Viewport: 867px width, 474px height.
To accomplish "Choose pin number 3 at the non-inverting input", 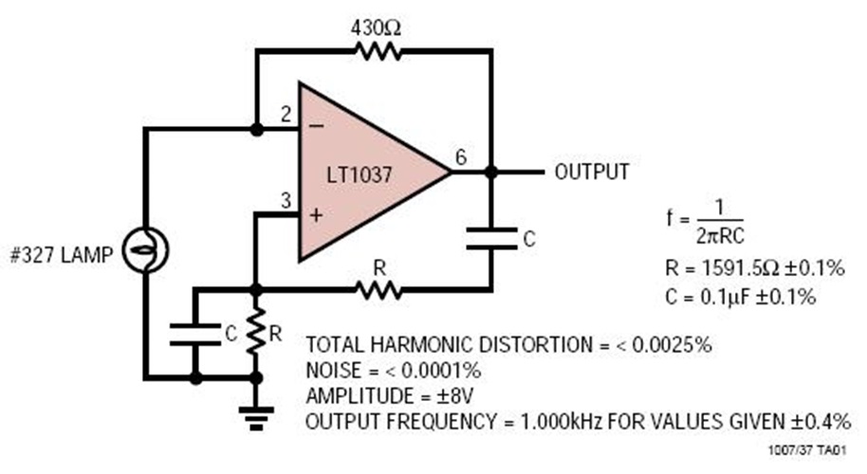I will click(284, 200).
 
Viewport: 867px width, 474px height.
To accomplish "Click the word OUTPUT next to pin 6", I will click(591, 173).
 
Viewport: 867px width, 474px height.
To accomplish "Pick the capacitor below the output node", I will click(491, 237).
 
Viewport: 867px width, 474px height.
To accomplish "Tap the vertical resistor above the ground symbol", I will click(255, 332).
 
